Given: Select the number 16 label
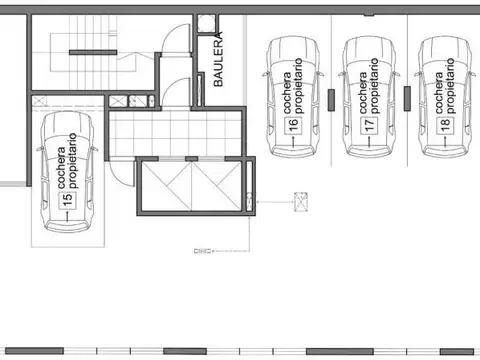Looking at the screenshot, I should [x=293, y=126].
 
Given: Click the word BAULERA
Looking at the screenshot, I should [x=218, y=60].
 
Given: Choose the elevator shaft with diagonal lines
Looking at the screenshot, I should [x=190, y=185].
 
